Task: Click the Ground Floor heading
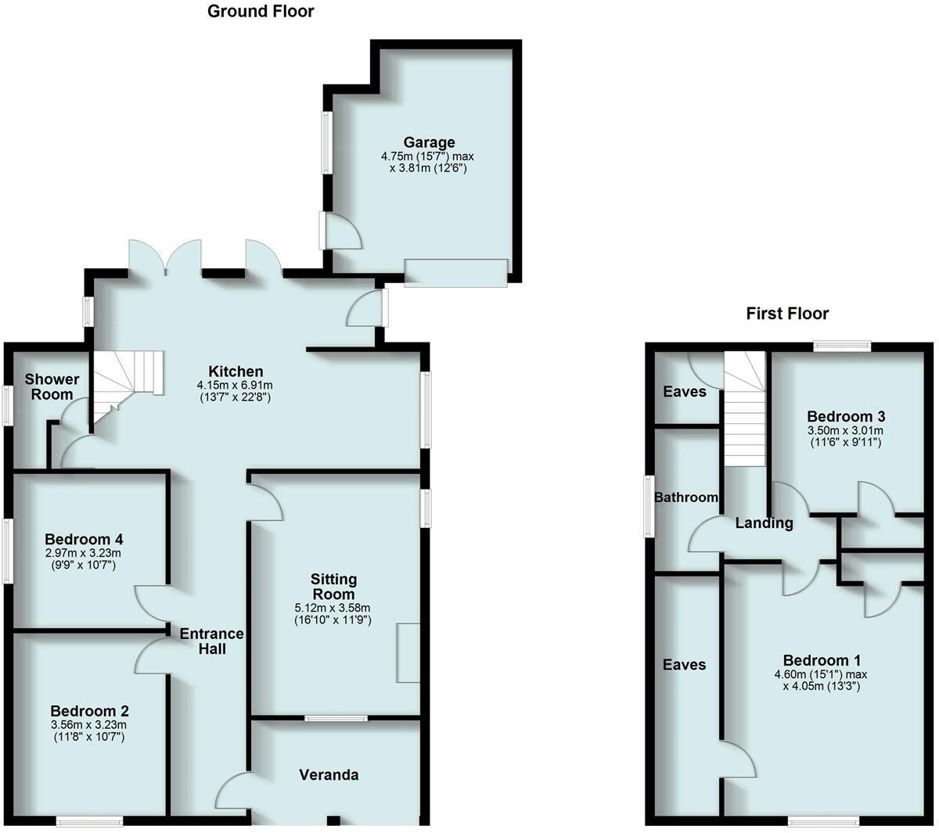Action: (x=261, y=12)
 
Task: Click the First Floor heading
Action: (x=786, y=314)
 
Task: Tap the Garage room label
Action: (x=429, y=142)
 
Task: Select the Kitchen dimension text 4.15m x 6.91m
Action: (x=235, y=386)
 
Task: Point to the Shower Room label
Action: (x=52, y=386)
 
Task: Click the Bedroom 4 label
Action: (x=84, y=539)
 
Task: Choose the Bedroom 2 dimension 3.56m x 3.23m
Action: (x=89, y=724)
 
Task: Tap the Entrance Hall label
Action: (x=211, y=641)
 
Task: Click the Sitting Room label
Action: (x=334, y=586)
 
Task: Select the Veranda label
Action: (x=329, y=774)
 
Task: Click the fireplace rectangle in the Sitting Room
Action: (x=408, y=653)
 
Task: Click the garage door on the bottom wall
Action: (x=455, y=272)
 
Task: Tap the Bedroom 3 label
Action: (x=846, y=416)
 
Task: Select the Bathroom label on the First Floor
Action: (x=686, y=497)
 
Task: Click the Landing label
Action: (x=764, y=523)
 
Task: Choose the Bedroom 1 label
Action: (x=822, y=660)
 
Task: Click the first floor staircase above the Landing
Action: (x=743, y=411)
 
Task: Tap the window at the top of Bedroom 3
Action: (x=842, y=346)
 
